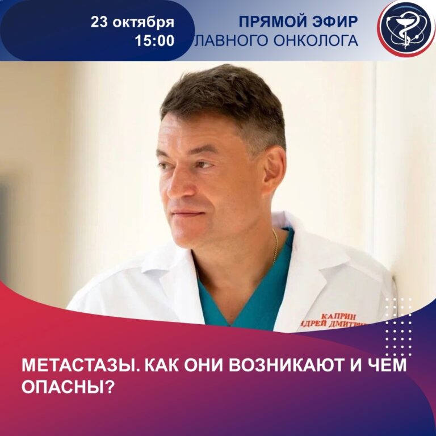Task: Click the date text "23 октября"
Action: coord(132,23)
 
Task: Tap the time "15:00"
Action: coord(154,41)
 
